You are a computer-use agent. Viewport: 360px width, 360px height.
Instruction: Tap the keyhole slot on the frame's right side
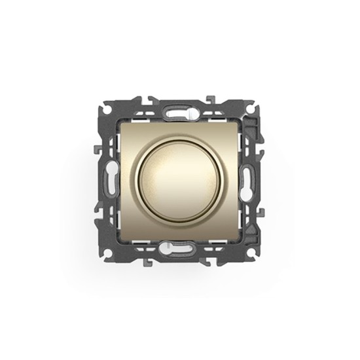[x=249, y=180]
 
